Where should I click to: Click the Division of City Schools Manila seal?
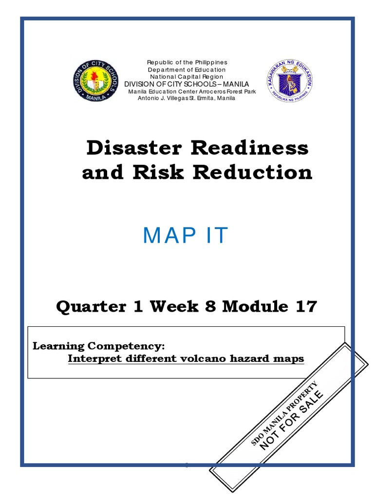pyautogui.click(x=95, y=81)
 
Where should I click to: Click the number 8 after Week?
pyautogui.click(x=203, y=306)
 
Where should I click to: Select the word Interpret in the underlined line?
pyautogui.click(x=92, y=358)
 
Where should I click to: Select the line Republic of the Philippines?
pyautogui.click(x=187, y=63)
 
